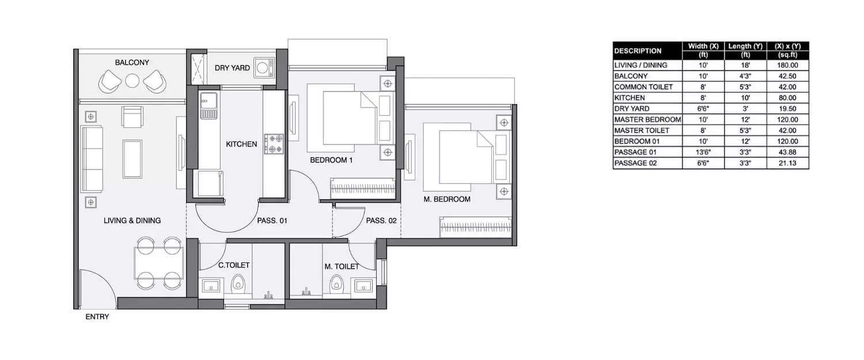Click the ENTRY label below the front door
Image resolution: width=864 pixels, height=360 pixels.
pyautogui.click(x=97, y=317)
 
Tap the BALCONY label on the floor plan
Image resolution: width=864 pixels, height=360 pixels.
pyautogui.click(x=132, y=62)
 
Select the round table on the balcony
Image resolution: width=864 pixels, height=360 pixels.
pyautogui.click(x=132, y=81)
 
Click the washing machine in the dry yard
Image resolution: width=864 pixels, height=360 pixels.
pyautogui.click(x=263, y=67)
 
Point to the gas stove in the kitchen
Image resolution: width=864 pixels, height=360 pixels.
pyautogui.click(x=274, y=143)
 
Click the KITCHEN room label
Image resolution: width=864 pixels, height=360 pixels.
pyautogui.click(x=241, y=144)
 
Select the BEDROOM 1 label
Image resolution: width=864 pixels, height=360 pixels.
pyautogui.click(x=331, y=160)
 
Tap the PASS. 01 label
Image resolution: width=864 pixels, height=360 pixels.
pyautogui.click(x=271, y=220)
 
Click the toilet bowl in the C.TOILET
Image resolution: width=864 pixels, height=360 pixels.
pyautogui.click(x=237, y=283)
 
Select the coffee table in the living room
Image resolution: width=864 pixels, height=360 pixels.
pyautogui.click(x=132, y=159)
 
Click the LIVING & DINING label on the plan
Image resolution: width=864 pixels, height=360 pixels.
pyautogui.click(x=132, y=220)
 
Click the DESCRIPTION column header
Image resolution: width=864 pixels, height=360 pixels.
pyautogui.click(x=638, y=51)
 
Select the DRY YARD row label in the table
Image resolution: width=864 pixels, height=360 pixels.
pyautogui.click(x=632, y=109)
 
